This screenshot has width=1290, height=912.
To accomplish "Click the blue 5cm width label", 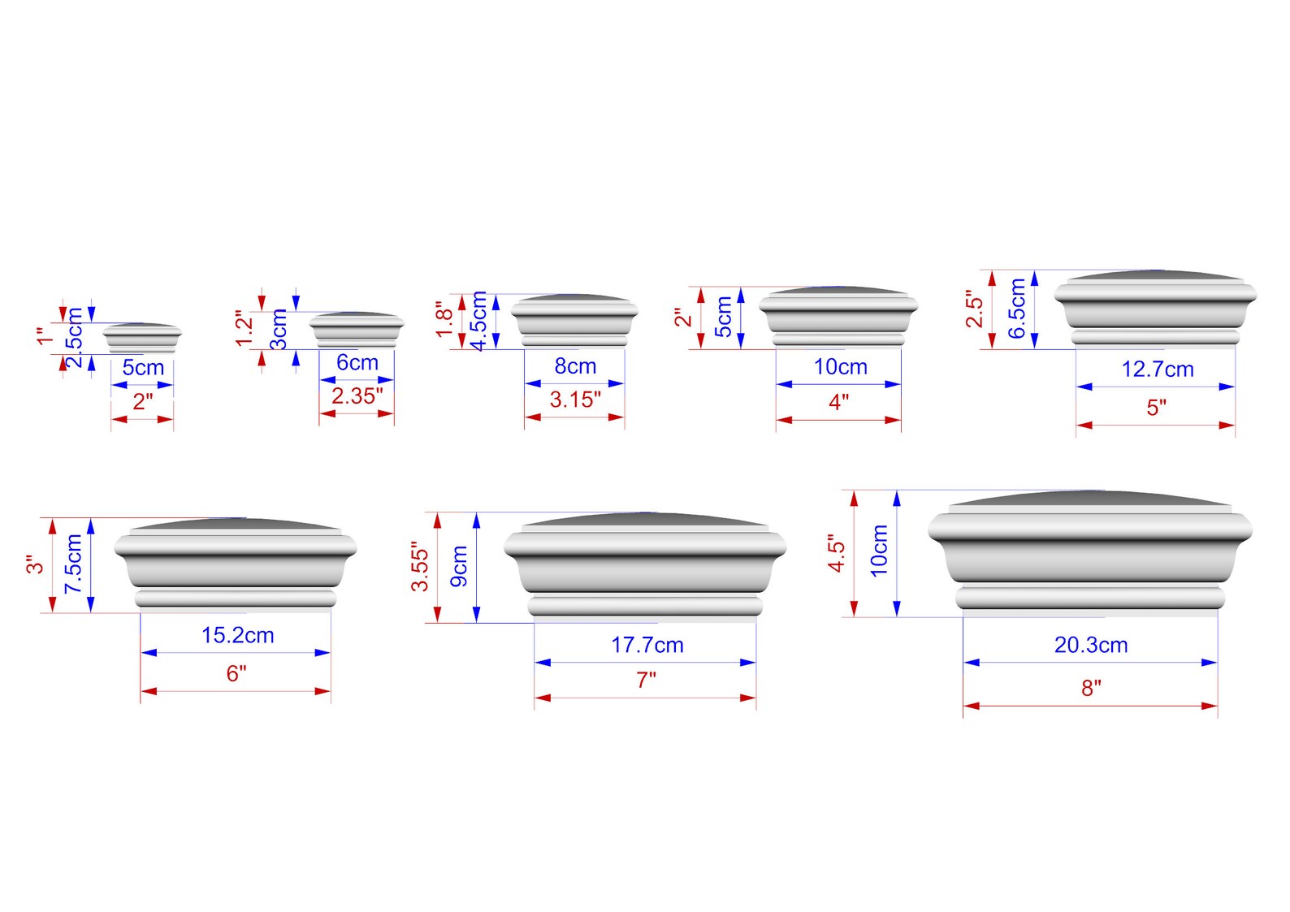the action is point(143,367).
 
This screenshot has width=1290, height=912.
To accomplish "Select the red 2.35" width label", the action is point(357,396).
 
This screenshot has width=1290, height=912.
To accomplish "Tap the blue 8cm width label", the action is point(575,366).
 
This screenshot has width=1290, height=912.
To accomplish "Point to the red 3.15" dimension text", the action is point(575,400).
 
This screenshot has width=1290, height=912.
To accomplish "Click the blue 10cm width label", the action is point(840,367).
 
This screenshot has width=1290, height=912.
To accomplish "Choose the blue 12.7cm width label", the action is point(1158,369).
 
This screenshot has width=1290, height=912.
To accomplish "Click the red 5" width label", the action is point(1157,407).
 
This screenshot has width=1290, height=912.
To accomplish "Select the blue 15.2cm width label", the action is point(237,635).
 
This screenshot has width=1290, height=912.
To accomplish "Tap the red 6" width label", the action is point(236,673).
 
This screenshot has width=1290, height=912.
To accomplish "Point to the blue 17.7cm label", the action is point(647,645).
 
